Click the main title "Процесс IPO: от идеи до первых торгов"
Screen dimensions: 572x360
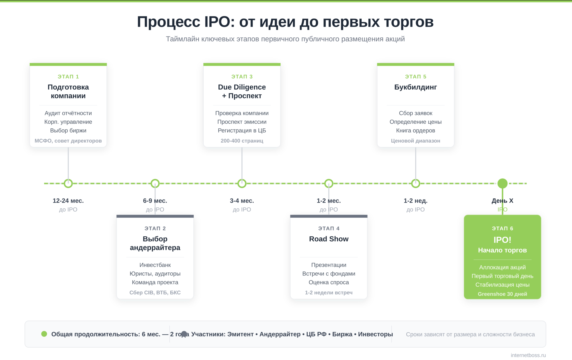tap(285, 22)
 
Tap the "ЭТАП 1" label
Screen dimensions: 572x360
tap(68, 76)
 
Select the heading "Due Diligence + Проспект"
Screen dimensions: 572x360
tap(242, 91)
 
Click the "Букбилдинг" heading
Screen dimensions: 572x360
tap(416, 87)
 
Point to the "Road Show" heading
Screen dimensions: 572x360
tap(329, 239)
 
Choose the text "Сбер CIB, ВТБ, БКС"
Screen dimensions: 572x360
tap(155, 292)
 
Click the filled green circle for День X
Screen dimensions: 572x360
tap(502, 183)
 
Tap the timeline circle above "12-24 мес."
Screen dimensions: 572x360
tap(68, 183)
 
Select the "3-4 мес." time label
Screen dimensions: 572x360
tap(242, 201)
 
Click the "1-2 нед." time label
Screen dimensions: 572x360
tap(416, 201)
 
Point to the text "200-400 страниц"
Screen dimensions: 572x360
tap(242, 141)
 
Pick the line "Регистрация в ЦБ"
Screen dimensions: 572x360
tap(242, 130)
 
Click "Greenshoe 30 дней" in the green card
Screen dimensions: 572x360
tap(502, 294)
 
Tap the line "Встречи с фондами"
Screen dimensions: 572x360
tap(329, 273)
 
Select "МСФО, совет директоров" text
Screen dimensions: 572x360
tap(68, 141)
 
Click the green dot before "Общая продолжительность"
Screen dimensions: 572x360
tap(44, 334)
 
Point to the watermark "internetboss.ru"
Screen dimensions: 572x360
tap(528, 355)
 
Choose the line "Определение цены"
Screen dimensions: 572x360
tap(416, 122)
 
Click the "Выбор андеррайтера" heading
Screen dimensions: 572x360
tap(155, 243)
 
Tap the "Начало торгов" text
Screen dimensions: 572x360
tap(502, 250)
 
